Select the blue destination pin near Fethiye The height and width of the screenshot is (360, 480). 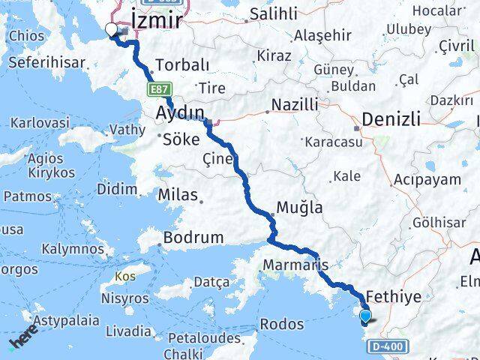tap(366, 317)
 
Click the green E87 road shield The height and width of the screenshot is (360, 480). tap(157, 89)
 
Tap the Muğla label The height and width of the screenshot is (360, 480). tap(300, 208)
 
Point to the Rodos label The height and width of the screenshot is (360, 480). tap(282, 325)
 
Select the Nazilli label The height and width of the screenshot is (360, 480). tap(295, 104)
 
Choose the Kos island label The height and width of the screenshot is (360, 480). tap(126, 277)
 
